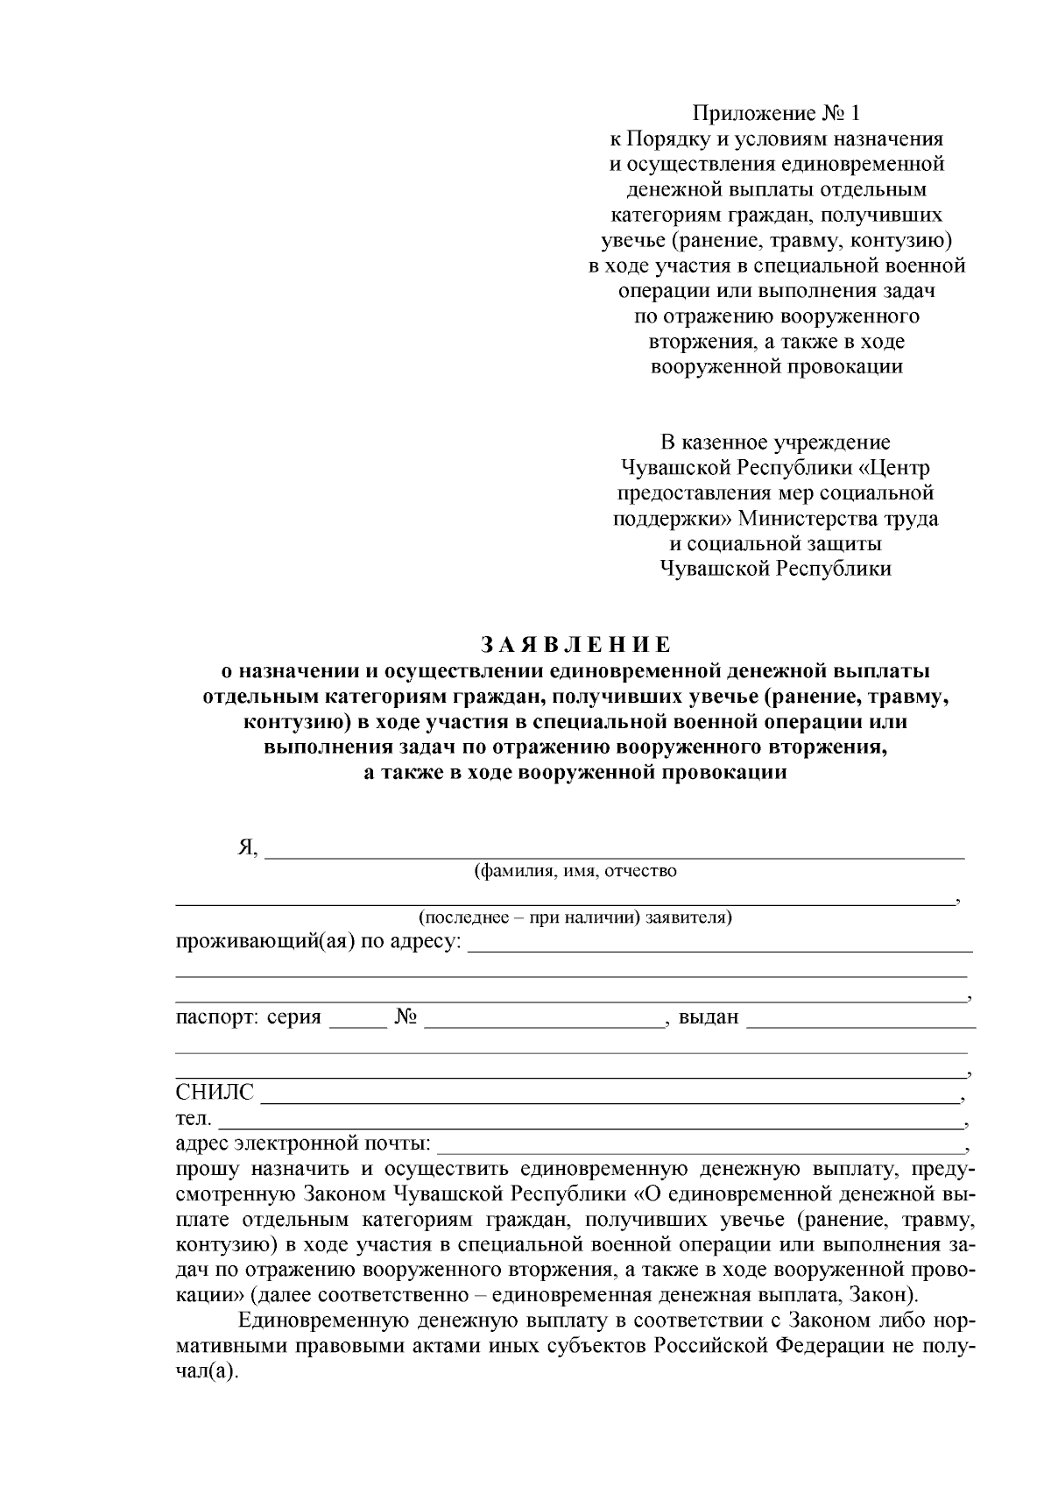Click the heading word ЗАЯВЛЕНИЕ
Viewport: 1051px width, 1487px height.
(575, 646)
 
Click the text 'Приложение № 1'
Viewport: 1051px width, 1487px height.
(776, 113)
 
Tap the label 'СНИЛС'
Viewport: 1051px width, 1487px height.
(215, 1092)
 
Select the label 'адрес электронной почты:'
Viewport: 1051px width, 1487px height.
(303, 1144)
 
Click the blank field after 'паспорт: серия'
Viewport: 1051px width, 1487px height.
(356, 1020)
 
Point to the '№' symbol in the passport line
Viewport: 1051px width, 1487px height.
(405, 1017)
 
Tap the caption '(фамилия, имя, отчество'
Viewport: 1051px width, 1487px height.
(575, 871)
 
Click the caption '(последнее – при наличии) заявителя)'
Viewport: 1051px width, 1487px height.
(575, 917)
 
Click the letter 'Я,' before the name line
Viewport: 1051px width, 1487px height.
(248, 847)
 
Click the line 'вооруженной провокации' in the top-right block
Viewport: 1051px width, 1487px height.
(776, 366)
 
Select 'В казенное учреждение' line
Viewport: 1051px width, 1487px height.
(775, 443)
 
